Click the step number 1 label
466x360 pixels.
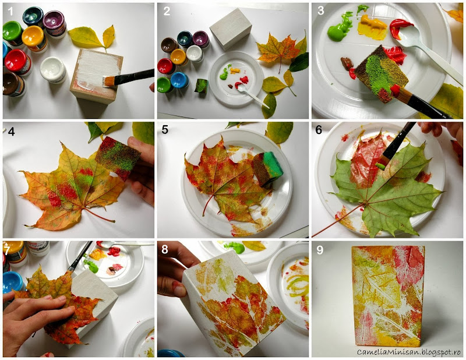click(x=10, y=11)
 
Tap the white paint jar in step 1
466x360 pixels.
click(x=53, y=69)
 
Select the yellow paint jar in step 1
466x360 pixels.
click(x=35, y=38)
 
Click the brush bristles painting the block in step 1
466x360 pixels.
click(x=109, y=81)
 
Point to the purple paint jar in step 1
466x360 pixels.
click(x=55, y=24)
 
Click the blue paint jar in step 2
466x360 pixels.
click(x=179, y=80)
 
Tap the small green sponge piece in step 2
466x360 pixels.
click(x=201, y=86)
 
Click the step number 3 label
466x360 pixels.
click(x=321, y=10)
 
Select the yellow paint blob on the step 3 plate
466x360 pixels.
click(x=372, y=27)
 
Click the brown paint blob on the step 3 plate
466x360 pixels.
click(x=347, y=63)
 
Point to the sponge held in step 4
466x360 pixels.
click(x=118, y=157)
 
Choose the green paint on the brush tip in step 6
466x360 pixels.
click(x=380, y=165)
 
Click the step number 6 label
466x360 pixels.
click(x=319, y=130)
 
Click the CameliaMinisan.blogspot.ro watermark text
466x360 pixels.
click(x=409, y=352)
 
